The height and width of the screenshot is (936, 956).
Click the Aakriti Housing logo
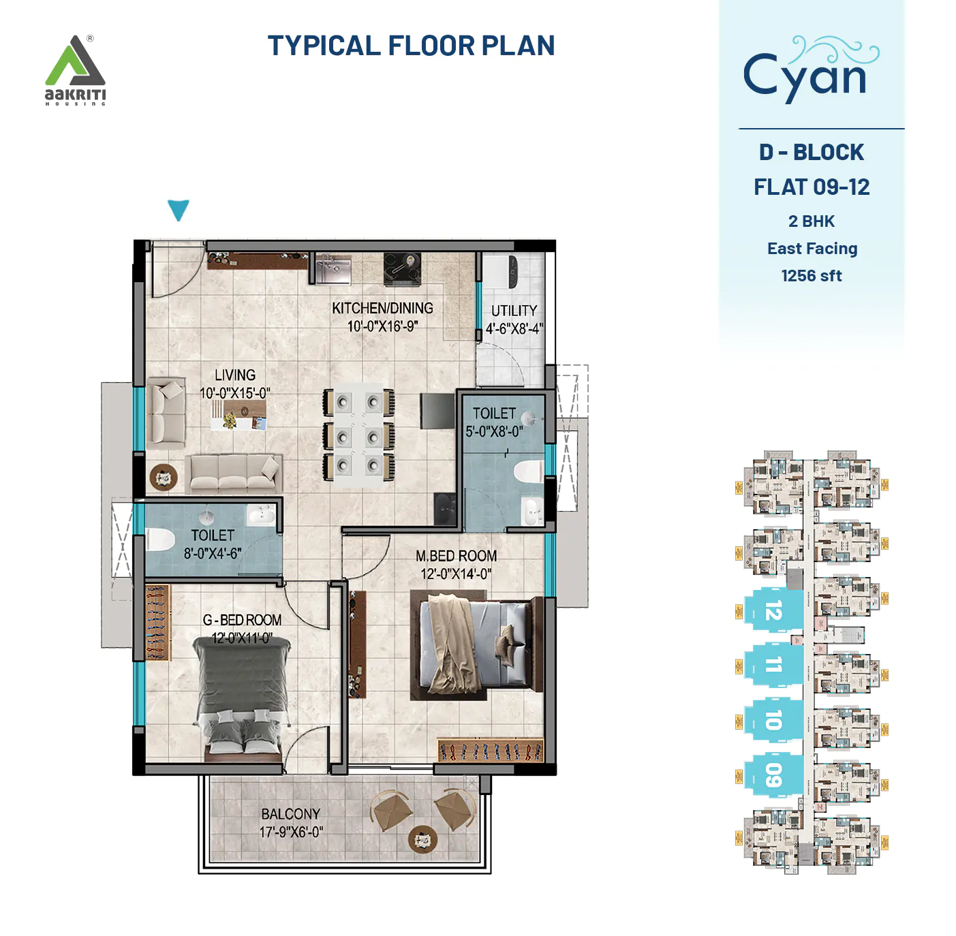pyautogui.click(x=75, y=70)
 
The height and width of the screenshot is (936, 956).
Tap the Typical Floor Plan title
pyautogui.click(x=411, y=46)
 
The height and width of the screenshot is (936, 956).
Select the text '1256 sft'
pyautogui.click(x=811, y=276)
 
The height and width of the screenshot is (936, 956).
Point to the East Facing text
pyautogui.click(x=812, y=249)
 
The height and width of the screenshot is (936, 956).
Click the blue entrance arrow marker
pyautogui.click(x=179, y=210)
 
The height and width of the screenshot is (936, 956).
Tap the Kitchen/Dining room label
pyautogui.click(x=382, y=308)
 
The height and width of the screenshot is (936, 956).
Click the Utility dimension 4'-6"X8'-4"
pyautogui.click(x=514, y=328)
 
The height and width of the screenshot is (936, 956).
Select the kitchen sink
pyautogui.click(x=333, y=269)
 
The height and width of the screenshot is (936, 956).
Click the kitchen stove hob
pyautogui.click(x=402, y=269)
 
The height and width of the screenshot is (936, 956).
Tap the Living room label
pyautogui.click(x=235, y=375)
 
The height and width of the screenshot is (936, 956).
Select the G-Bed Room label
pyautogui.click(x=242, y=620)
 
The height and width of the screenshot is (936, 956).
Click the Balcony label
pyautogui.click(x=290, y=814)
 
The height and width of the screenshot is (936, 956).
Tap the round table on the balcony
pyautogui.click(x=422, y=839)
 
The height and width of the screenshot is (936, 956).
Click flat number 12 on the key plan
pyautogui.click(x=773, y=610)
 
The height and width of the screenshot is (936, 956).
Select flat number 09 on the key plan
pyautogui.click(x=773, y=775)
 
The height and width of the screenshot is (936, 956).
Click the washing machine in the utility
pyautogui.click(x=511, y=272)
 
